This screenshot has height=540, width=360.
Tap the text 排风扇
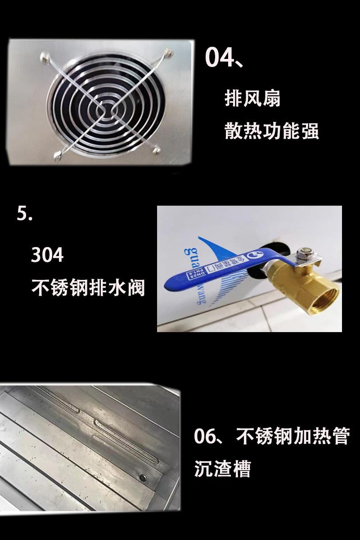[252, 99]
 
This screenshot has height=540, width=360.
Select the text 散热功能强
[271, 131]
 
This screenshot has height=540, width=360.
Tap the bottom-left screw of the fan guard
[57, 156]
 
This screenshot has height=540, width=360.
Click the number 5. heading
[25, 213]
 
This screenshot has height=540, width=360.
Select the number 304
[47, 255]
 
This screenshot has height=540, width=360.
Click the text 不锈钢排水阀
[88, 287]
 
